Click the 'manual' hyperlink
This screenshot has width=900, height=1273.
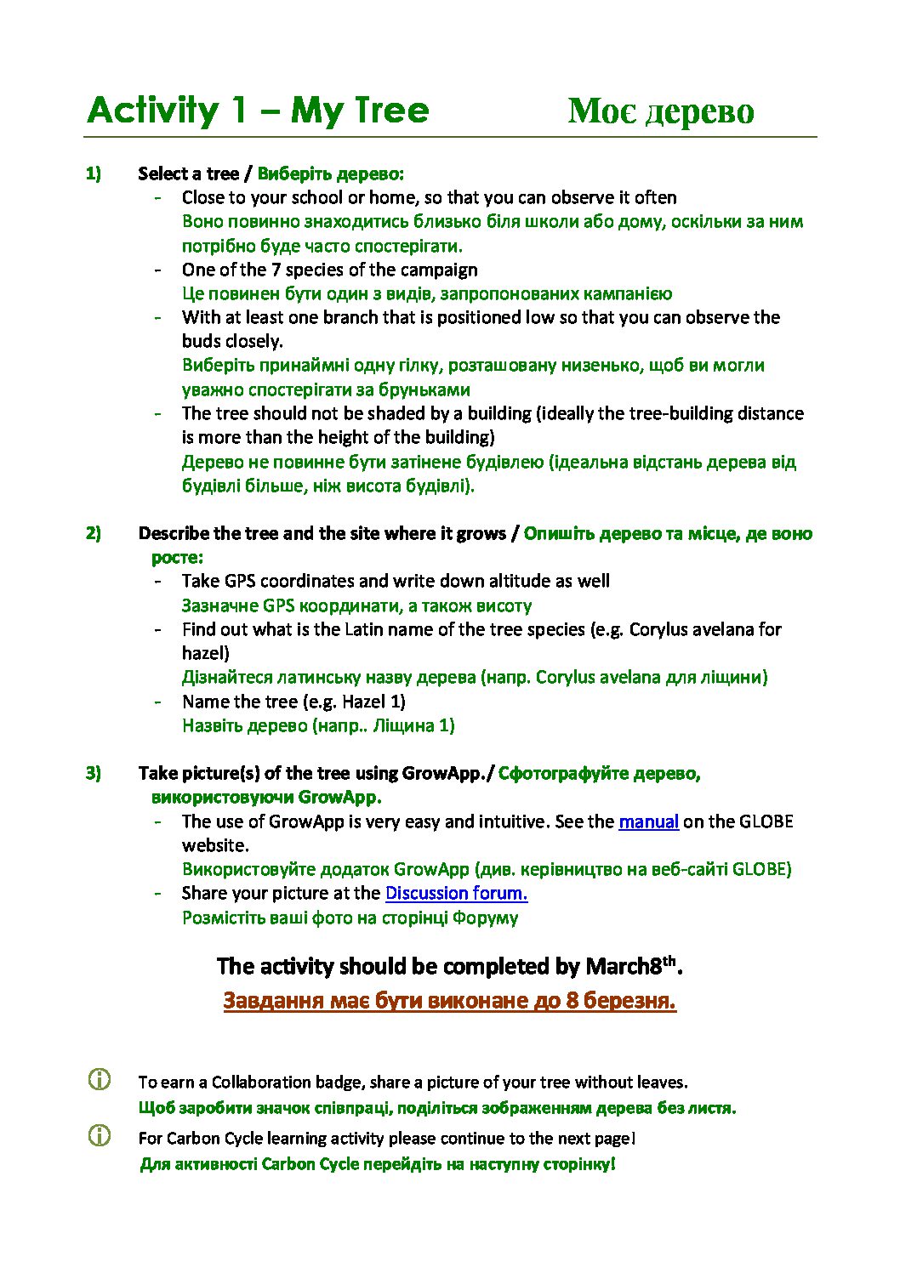pyautogui.click(x=648, y=821)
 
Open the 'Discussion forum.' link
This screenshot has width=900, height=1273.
pyautogui.click(x=456, y=893)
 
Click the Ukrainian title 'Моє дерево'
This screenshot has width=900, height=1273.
pyautogui.click(x=660, y=111)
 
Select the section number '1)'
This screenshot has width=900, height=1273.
pyautogui.click(x=93, y=173)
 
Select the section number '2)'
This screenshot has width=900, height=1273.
pyautogui.click(x=93, y=533)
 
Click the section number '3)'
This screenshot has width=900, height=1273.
pyautogui.click(x=93, y=773)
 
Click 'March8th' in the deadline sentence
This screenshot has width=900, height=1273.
pyautogui.click(x=633, y=966)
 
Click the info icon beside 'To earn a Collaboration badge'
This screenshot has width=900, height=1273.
pyautogui.click(x=100, y=1080)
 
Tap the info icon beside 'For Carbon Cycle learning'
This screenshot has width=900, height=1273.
pyautogui.click(x=100, y=1136)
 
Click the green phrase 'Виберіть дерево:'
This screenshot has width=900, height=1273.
pyautogui.click(x=330, y=173)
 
